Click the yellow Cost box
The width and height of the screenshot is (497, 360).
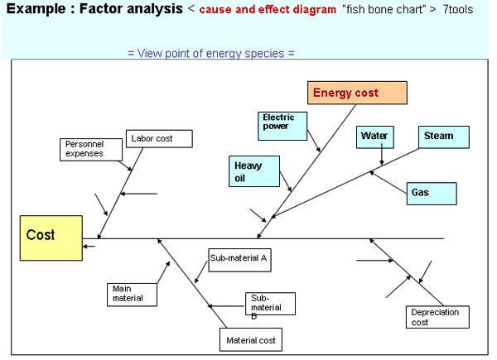(51, 238)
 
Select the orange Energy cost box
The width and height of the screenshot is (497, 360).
(357, 93)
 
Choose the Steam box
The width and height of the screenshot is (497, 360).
(439, 137)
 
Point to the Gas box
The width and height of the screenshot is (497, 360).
(431, 193)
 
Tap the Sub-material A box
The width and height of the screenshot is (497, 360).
(238, 258)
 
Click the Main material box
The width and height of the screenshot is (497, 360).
(131, 293)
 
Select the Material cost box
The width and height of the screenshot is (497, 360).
(251, 339)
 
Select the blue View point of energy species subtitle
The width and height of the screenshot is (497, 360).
(211, 53)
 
